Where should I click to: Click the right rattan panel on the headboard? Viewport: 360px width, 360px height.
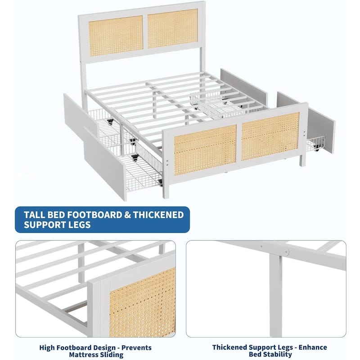pyautogui.click(x=172, y=28)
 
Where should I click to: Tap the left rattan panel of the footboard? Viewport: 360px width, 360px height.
pyautogui.click(x=205, y=150)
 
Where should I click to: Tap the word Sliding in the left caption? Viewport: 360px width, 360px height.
pyautogui.click(x=110, y=355)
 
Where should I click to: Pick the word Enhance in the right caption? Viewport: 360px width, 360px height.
pyautogui.click(x=311, y=347)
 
